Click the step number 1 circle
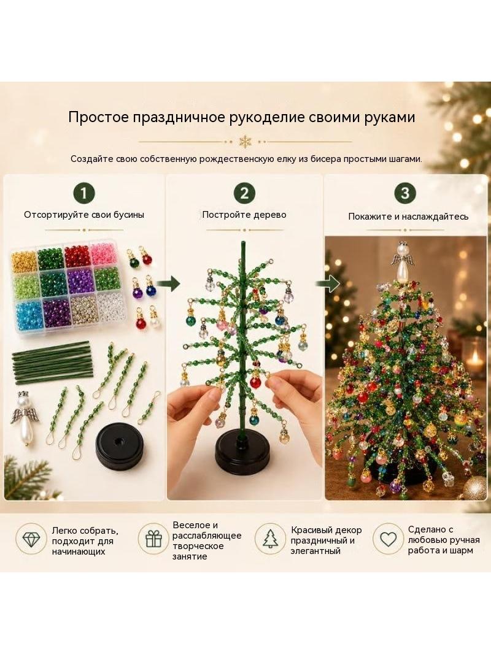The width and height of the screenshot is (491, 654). [84, 193]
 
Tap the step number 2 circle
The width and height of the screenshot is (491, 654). [244, 193]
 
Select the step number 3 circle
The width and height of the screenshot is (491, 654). [405, 193]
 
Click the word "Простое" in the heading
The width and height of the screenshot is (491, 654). [99, 117]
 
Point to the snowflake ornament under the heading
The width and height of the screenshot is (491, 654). [245, 141]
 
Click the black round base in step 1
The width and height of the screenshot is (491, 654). [117, 446]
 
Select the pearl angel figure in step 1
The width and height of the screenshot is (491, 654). [21, 417]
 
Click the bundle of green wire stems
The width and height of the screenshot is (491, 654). [52, 363]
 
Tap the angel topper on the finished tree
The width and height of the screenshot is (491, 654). [402, 263]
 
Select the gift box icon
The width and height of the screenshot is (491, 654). [153, 539]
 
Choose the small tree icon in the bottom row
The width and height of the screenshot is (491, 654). [270, 539]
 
